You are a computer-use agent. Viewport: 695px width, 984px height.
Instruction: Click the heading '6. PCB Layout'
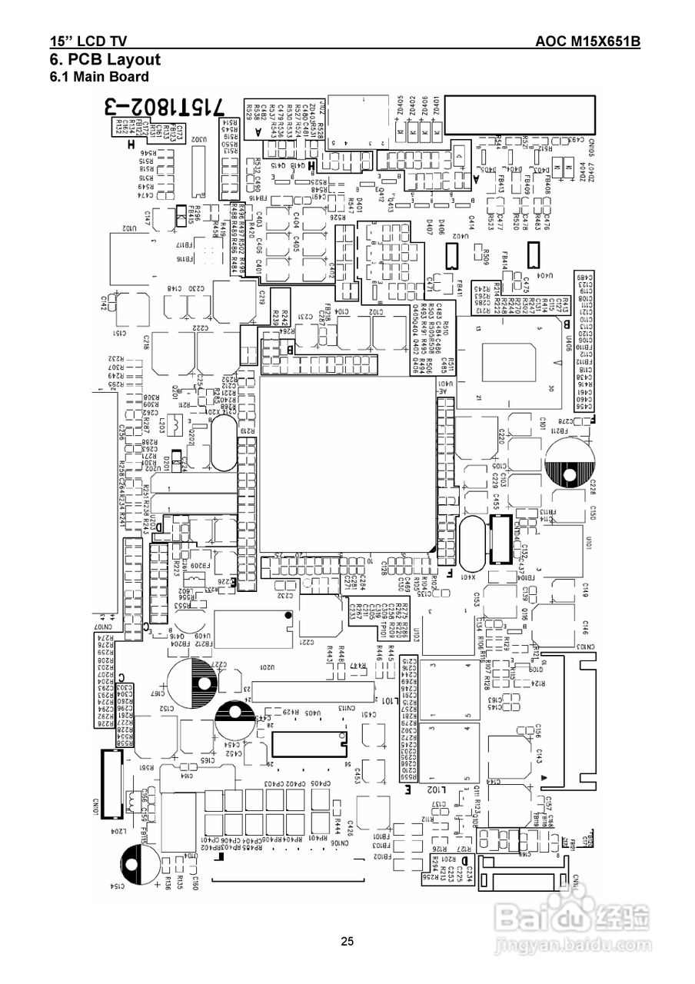click(x=105, y=59)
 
